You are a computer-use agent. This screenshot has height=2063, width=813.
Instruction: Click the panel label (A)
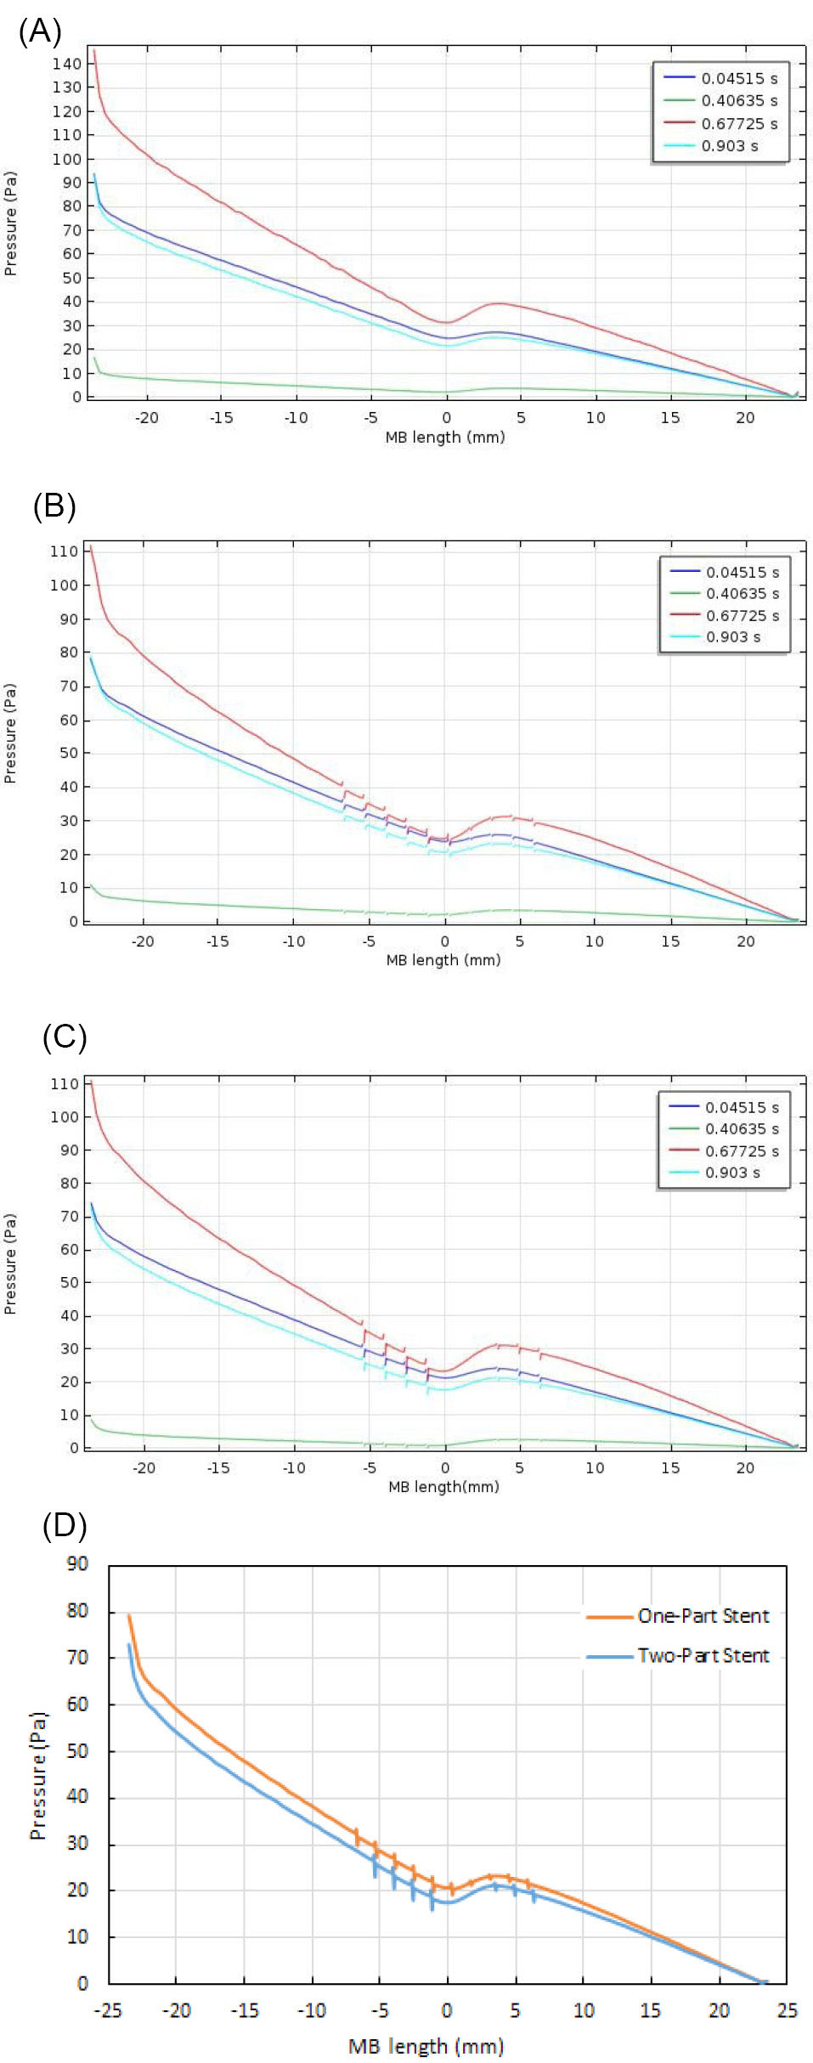[x=40, y=31]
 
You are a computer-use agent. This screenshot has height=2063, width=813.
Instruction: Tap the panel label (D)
[x=65, y=1525]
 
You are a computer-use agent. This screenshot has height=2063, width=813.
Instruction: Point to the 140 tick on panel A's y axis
[x=66, y=64]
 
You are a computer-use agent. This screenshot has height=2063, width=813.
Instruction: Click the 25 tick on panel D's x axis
[x=787, y=2010]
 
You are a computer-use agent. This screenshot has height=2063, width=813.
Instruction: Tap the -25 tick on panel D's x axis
[x=108, y=2010]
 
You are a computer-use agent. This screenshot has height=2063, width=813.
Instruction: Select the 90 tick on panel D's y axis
[x=77, y=1564]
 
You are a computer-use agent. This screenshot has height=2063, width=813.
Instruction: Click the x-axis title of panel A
[x=444, y=438]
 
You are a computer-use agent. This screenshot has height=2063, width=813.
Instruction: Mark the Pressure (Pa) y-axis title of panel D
[x=37, y=1776]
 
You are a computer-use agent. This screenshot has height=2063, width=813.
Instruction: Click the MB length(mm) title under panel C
[x=443, y=1487]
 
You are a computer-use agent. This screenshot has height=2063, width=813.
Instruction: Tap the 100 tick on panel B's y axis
[x=64, y=585]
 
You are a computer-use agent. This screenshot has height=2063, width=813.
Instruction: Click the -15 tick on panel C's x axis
[x=218, y=1467]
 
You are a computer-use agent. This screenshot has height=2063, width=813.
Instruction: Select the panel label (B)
[x=54, y=506]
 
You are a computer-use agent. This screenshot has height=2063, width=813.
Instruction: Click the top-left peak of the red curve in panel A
[x=94, y=51]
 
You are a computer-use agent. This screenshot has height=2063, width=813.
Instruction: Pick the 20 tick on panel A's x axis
[x=744, y=417]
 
